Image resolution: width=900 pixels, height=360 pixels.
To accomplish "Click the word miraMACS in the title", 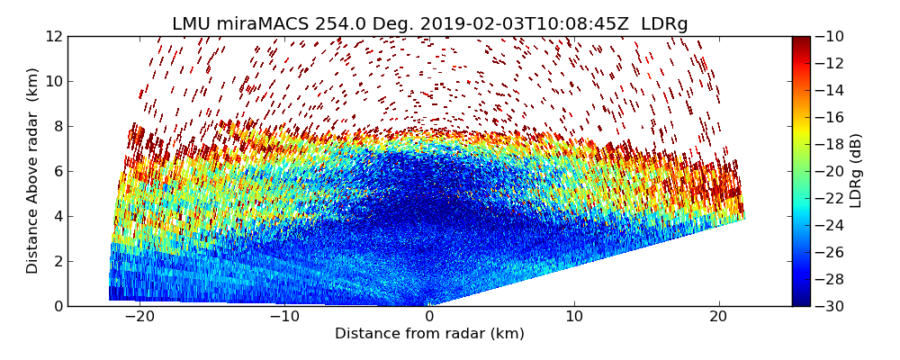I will click(x=266, y=23).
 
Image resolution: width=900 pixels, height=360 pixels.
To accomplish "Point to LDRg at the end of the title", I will click(x=664, y=23).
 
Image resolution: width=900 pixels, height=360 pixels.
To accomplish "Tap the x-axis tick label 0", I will click(x=430, y=317).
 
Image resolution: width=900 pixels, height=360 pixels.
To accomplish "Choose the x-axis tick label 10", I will click(x=574, y=317).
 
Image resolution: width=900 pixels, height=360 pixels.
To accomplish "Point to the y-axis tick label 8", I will click(x=58, y=126).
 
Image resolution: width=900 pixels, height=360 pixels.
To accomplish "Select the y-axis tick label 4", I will click(x=58, y=216).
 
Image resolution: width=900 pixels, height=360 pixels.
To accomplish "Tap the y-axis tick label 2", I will click(x=58, y=261).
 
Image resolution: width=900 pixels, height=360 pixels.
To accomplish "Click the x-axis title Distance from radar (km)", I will click(x=429, y=334).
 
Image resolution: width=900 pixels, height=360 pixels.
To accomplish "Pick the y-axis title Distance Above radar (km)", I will click(x=32, y=170).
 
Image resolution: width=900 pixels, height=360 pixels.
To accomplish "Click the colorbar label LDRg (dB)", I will click(x=856, y=170).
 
